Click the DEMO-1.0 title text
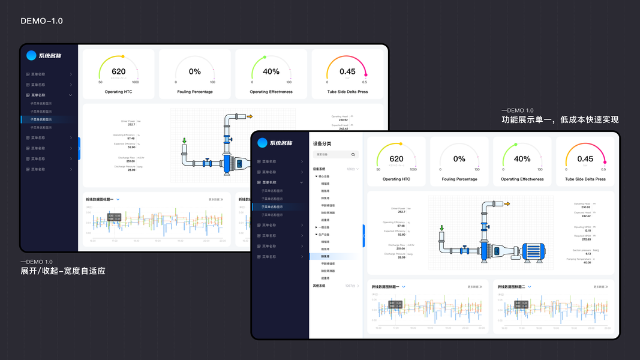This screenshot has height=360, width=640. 41,21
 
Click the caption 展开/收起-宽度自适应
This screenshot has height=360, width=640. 63,271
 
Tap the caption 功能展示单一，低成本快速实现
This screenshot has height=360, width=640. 560,119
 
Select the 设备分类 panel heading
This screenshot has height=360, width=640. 322,144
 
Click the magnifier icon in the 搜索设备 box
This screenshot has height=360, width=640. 353,155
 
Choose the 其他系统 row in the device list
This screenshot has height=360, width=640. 319,286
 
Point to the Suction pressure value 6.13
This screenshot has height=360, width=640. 587,254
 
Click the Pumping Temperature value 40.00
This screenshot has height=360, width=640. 587,262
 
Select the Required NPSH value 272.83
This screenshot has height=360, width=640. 586,239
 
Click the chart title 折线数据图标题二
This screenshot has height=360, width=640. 511,287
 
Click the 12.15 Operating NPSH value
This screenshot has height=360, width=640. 587,230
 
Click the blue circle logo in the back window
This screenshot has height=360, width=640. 31,56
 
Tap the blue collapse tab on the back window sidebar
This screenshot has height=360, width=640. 79,148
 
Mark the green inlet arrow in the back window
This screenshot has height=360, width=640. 184,142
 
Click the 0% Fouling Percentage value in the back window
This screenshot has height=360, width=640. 195,72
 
